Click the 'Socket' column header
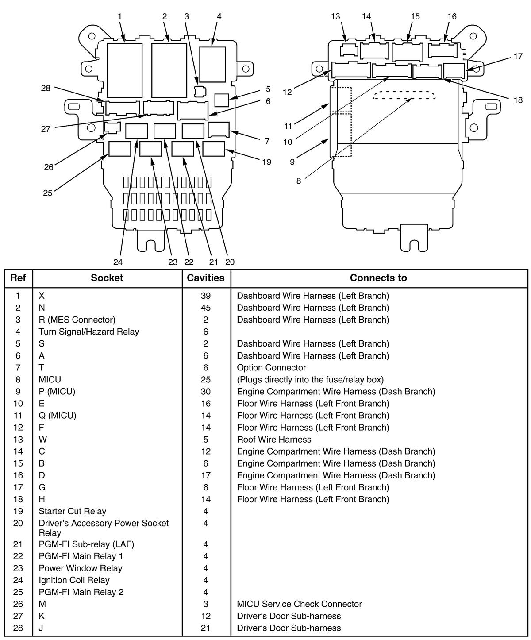tap(107, 278)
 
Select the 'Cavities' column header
tap(206, 278)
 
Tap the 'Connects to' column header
tap(378, 278)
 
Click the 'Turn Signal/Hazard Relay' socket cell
tap(88, 332)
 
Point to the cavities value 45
tap(206, 308)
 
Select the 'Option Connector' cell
tap(271, 368)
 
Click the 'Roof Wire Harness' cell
tap(274, 440)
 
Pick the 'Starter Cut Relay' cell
tap(72, 511)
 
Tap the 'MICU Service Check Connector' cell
tap(299, 604)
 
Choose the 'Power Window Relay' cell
tap(80, 568)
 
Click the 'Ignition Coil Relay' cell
tap(74, 580)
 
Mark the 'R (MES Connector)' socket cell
tap(77, 320)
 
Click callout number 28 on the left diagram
tap(46, 88)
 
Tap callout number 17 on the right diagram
tap(518, 57)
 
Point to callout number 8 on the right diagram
tap(299, 181)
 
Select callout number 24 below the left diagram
tap(118, 262)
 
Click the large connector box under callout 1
tap(124, 70)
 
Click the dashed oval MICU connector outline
tap(404, 96)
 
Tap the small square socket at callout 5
tap(221, 100)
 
